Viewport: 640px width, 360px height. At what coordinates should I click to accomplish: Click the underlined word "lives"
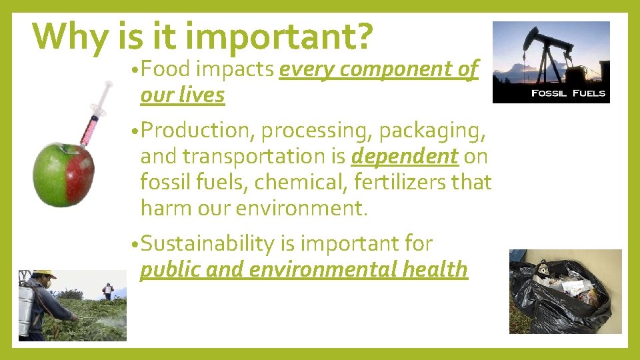203,95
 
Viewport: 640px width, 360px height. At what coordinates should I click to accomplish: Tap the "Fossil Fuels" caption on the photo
568,93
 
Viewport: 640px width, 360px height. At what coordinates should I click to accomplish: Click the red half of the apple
80,175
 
